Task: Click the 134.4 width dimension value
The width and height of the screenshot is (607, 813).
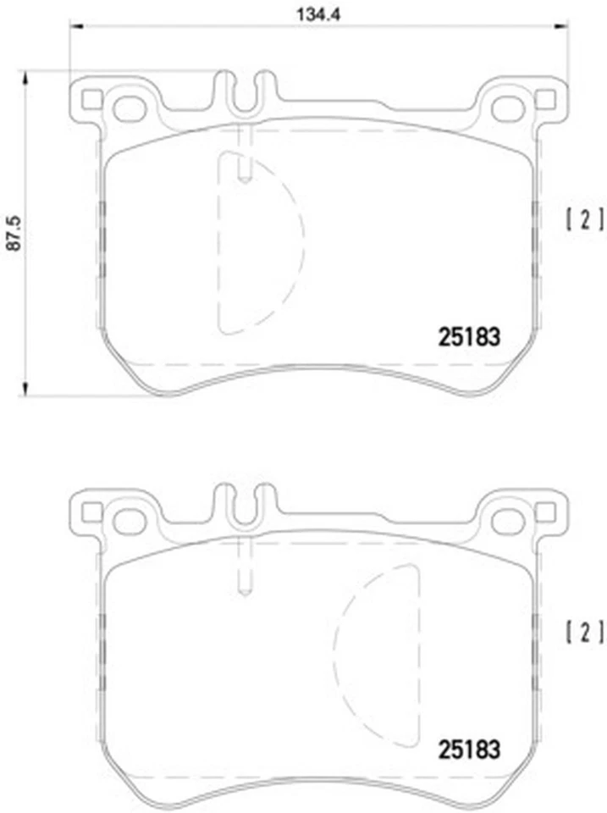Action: click(x=317, y=14)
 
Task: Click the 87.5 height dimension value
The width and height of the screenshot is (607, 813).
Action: click(x=14, y=235)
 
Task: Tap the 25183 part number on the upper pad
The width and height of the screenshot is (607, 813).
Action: click(x=469, y=337)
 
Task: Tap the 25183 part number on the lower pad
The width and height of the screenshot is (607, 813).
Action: click(x=469, y=749)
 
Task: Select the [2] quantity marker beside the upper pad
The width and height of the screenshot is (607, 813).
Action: click(x=584, y=219)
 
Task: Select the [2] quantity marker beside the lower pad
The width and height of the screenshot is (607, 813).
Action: click(x=584, y=632)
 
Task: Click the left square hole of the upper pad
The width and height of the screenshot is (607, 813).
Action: click(x=92, y=100)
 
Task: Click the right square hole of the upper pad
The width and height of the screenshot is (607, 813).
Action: click(x=544, y=100)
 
